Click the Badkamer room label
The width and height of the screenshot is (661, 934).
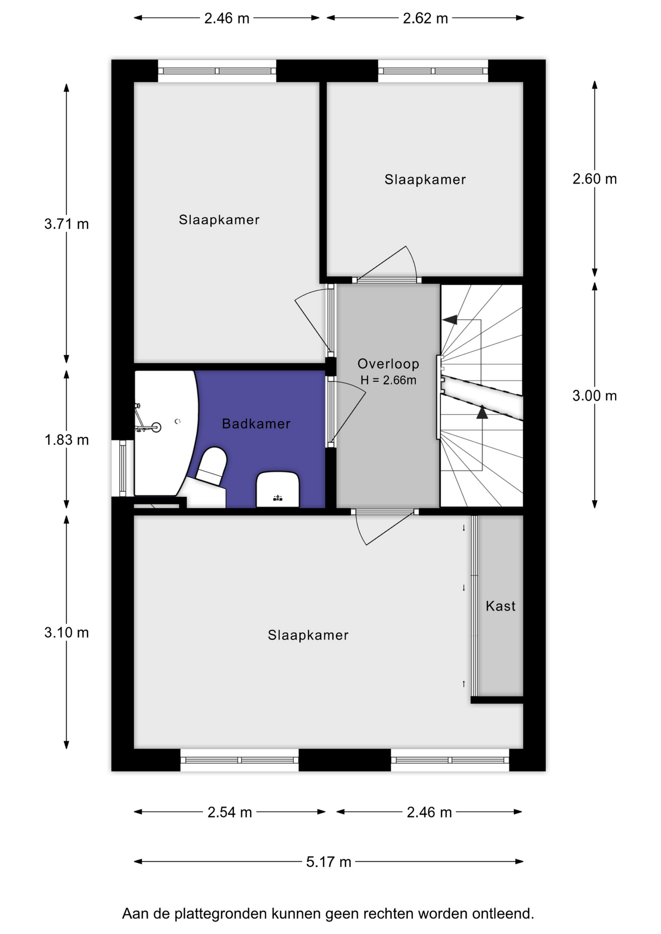[256, 424]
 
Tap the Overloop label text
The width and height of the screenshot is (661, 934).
[388, 364]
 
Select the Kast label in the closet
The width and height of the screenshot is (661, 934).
[500, 606]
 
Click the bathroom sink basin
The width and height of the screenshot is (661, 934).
[277, 489]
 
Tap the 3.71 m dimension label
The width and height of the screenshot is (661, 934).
[67, 224]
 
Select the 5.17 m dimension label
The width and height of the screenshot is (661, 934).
[329, 862]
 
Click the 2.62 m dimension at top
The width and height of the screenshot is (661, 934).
[425, 18]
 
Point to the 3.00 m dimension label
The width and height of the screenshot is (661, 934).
[594, 396]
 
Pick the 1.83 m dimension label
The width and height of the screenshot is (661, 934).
[67, 440]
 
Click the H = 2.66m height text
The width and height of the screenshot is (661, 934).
[388, 380]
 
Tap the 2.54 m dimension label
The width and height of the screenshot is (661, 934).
[230, 812]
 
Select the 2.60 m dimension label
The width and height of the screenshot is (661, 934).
[594, 179]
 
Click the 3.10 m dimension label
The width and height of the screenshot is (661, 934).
[67, 632]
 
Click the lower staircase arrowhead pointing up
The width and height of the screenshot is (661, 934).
[482, 413]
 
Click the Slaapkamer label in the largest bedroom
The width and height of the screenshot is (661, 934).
[308, 635]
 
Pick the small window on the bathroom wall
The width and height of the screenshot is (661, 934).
[123, 468]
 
